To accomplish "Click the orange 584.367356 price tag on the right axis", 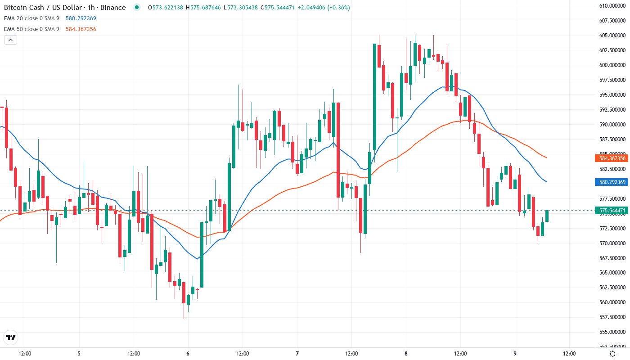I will [612, 158].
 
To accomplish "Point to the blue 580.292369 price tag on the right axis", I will [612, 182].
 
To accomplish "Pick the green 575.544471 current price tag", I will [612, 210].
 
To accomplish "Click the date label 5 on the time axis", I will [79, 354].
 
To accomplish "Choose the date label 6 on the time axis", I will [188, 354].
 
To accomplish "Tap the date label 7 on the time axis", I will [297, 354].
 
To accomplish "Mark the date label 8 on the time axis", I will [406, 354].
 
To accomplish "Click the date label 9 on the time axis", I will [515, 354].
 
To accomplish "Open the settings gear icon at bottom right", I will [612, 354].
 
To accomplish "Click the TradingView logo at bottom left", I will [11, 337].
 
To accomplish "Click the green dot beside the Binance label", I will [137, 7].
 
